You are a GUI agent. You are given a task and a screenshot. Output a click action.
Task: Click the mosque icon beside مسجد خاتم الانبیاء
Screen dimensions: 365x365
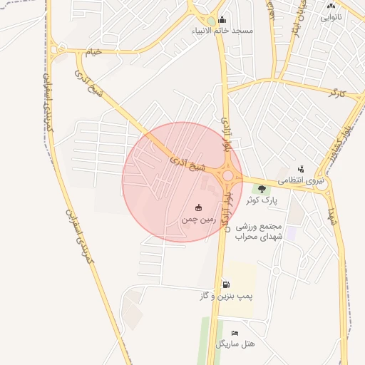(x=222, y=20)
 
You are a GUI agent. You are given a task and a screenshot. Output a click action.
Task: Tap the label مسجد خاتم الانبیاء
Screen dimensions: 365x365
(x=222, y=31)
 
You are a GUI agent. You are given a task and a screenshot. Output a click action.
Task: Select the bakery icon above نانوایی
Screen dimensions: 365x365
(x=331, y=6)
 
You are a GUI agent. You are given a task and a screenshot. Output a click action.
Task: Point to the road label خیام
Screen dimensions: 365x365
(x=93, y=53)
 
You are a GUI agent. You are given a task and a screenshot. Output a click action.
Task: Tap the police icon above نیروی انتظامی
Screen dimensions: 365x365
(x=301, y=170)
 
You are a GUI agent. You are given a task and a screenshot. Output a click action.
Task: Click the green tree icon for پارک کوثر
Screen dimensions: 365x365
(x=262, y=189)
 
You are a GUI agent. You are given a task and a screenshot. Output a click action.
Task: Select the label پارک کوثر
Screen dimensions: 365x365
(x=262, y=200)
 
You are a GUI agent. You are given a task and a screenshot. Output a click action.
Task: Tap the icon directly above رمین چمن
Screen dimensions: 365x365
(x=198, y=207)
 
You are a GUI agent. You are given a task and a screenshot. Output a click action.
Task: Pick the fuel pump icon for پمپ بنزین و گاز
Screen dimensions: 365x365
(x=226, y=284)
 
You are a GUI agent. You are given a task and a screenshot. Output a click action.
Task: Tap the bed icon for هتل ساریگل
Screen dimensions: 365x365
(x=235, y=333)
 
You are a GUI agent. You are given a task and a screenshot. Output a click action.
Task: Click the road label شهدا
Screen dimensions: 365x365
(x=331, y=214)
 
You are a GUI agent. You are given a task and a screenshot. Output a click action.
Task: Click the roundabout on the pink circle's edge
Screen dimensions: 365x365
(x=228, y=175)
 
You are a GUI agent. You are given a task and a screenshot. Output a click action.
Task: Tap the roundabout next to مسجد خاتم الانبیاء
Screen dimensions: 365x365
(x=210, y=22)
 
